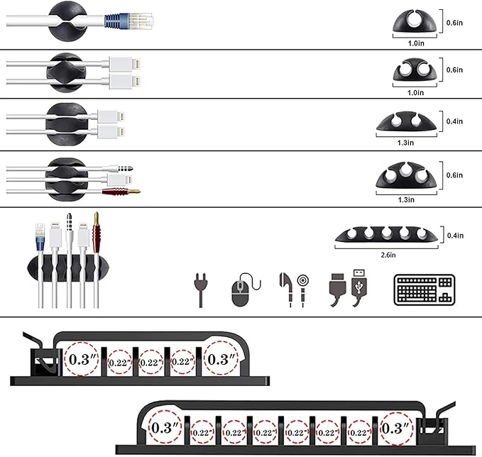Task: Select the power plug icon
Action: tap(199, 290)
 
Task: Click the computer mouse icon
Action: tap(242, 291)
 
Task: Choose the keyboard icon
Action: tap(423, 290)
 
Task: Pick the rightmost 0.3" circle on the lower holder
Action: tap(395, 428)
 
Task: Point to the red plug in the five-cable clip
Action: tap(95, 231)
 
